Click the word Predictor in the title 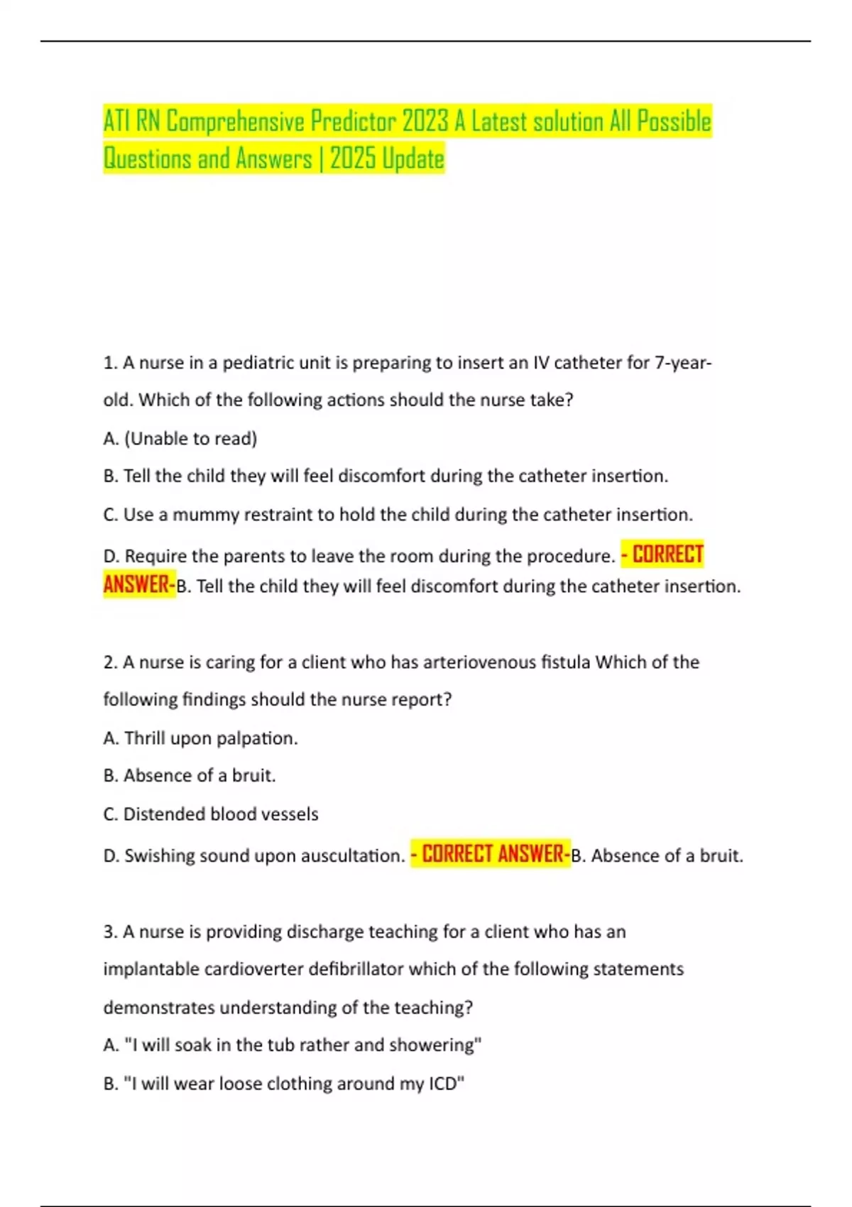coord(352,122)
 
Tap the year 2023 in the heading coord(425,122)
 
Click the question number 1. coord(109,364)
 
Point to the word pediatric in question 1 coord(253,364)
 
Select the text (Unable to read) coord(190,439)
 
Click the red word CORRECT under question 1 coord(667,555)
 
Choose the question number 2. coord(109,662)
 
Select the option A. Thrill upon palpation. coord(200,738)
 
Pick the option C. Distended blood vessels coord(211,814)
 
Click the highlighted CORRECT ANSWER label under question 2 coord(491,854)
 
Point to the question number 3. coord(109,932)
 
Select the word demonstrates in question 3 coord(159,1008)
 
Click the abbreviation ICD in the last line coord(443,1084)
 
